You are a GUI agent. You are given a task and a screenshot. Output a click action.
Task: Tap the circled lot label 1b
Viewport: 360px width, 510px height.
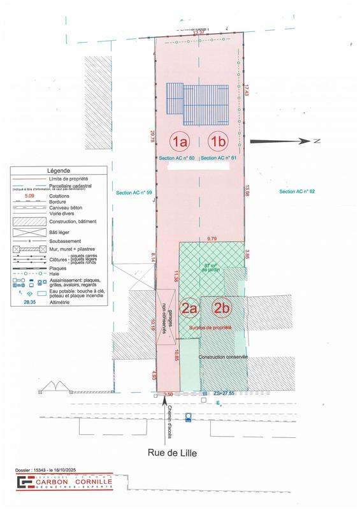(219, 141)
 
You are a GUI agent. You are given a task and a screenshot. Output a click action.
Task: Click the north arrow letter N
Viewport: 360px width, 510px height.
(315, 141)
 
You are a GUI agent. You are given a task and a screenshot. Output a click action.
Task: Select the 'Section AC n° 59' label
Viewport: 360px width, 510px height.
(133, 192)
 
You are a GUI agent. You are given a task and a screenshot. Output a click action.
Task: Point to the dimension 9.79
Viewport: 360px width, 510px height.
(212, 238)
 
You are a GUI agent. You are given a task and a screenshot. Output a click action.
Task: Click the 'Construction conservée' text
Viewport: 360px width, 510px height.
(223, 357)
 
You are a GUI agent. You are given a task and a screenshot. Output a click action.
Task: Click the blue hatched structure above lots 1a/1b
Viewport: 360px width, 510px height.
(197, 103)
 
